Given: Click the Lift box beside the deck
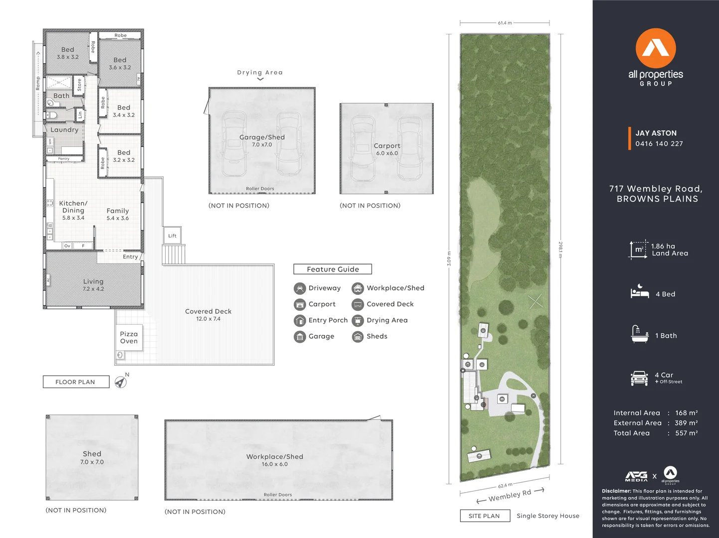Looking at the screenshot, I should click(172, 236).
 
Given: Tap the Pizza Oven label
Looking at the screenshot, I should click(129, 338).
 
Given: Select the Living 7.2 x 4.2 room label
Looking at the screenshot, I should click(93, 285).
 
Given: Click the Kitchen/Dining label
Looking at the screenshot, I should click(73, 207).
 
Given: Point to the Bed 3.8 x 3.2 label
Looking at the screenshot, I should click(68, 53).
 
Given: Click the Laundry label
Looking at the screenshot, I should click(64, 130).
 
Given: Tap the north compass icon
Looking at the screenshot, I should click(120, 382).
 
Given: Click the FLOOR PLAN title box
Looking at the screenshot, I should click(76, 382).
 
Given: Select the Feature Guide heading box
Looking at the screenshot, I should click(333, 269).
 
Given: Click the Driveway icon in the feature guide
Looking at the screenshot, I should click(300, 288).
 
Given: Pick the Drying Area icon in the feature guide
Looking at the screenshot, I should click(358, 320).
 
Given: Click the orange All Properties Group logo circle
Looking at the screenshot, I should click(656, 48).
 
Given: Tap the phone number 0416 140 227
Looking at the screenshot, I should click(659, 144).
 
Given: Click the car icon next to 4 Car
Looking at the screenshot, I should click(639, 378).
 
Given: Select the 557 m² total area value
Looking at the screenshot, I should click(686, 433).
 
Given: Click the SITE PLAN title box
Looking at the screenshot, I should click(484, 516).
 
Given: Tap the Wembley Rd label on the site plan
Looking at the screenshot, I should click(510, 495).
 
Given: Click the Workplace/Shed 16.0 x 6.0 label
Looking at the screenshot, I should click(275, 460).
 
